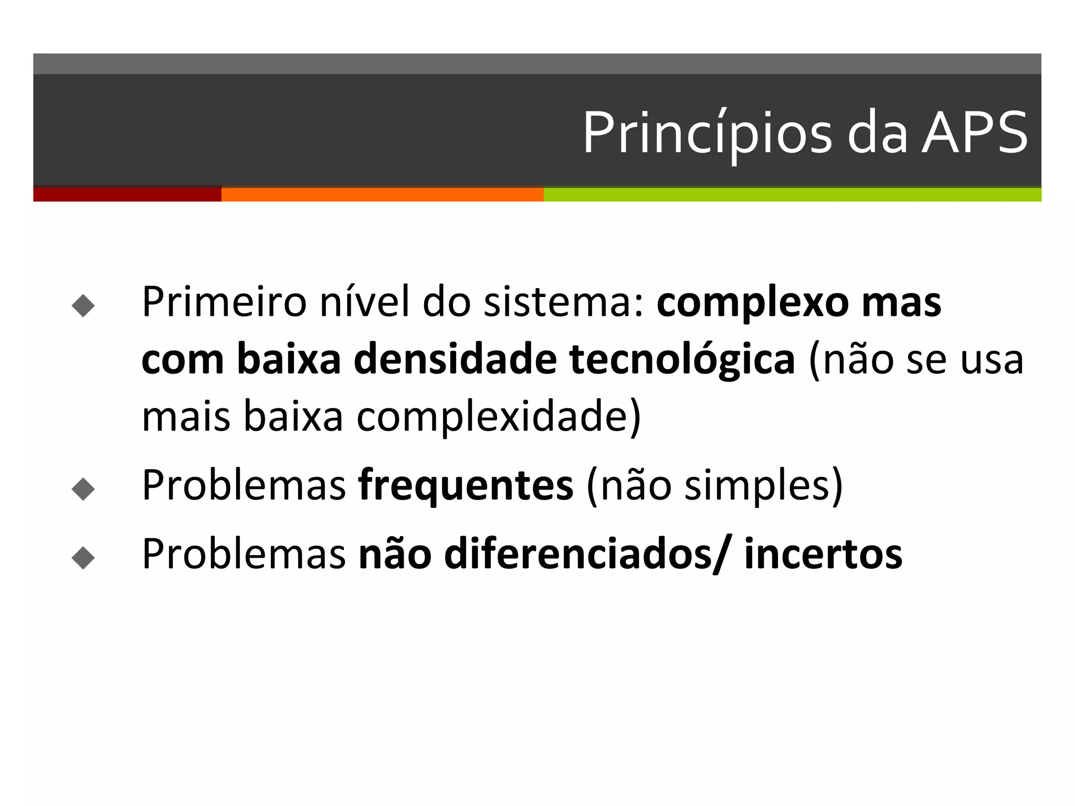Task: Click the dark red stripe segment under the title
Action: [127, 194]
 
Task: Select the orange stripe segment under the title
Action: [382, 194]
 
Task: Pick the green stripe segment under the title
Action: [792, 194]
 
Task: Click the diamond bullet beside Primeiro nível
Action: [83, 305]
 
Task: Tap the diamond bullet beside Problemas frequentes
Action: [83, 489]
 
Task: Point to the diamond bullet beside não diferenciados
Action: [83, 557]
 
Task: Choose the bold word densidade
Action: [455, 360]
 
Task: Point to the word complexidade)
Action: [499, 417]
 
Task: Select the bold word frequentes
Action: [466, 486]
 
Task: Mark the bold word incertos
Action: [823, 554]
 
